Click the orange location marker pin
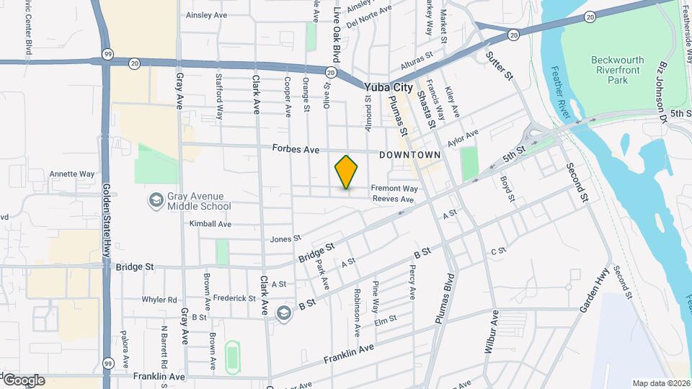tap(347, 172)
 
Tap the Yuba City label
tap(389, 87)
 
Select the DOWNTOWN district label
tap(409, 155)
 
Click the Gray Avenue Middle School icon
tap(155, 200)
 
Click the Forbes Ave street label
tap(296, 149)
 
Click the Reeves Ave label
tap(398, 200)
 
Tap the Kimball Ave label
tap(210, 224)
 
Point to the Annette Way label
tap(71, 174)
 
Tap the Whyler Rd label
tap(159, 300)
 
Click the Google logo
tap(23, 380)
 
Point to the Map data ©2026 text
tap(661, 383)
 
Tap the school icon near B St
tap(283, 313)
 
